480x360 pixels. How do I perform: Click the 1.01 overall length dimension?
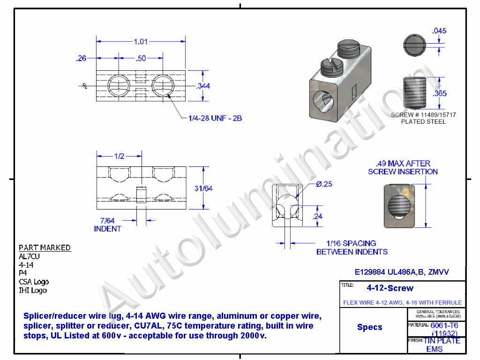[141, 42]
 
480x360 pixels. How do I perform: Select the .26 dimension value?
[81, 58]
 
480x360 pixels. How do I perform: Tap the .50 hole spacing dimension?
[141, 58]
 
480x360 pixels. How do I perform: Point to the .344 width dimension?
[203, 86]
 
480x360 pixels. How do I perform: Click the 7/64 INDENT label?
[107, 225]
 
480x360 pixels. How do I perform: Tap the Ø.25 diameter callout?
[324, 184]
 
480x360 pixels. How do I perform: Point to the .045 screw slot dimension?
[439, 31]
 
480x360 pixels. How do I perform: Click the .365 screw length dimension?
[440, 93]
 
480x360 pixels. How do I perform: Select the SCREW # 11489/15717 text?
[423, 115]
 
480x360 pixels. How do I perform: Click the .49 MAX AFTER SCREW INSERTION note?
[403, 167]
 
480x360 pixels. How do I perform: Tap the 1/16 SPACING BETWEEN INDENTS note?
[352, 247]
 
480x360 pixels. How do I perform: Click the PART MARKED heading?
[45, 247]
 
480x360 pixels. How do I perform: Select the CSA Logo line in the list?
[33, 282]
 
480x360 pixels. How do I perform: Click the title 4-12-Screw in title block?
[390, 288]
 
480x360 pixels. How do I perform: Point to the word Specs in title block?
[369, 327]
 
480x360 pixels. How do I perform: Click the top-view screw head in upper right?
[414, 45]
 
